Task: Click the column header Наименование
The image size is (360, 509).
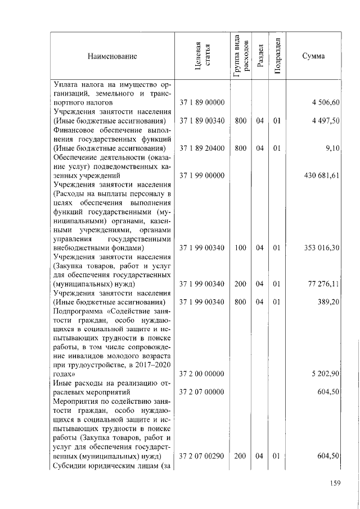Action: coord(112,56)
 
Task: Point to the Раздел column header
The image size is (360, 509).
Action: coord(259,56)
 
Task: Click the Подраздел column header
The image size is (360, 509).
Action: coord(276,56)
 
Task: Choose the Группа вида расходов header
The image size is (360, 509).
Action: coord(240,56)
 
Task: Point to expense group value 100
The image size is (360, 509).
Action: coord(241,248)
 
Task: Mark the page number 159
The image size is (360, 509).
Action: coord(334,481)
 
